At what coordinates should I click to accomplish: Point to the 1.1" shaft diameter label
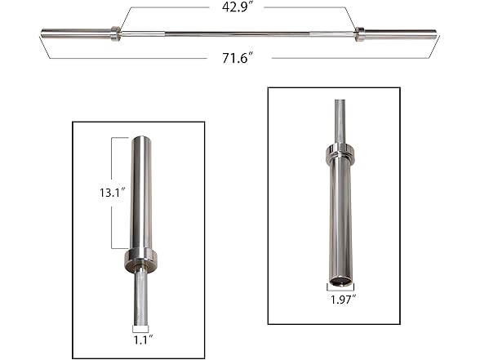click(143, 335)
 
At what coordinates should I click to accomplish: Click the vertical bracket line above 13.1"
click(112, 159)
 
